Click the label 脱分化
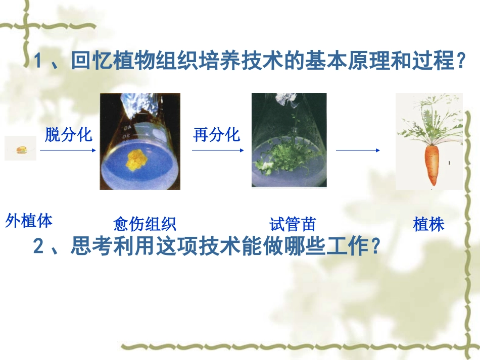(69, 134)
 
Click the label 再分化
(216, 134)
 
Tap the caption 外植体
(29, 221)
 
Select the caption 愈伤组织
(145, 224)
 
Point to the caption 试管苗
(293, 224)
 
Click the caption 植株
(428, 224)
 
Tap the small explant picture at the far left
(20, 148)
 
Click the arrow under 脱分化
(67, 150)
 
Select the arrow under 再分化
(218, 150)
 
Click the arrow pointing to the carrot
(358, 150)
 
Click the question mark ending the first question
(459, 63)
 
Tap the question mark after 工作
(374, 247)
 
